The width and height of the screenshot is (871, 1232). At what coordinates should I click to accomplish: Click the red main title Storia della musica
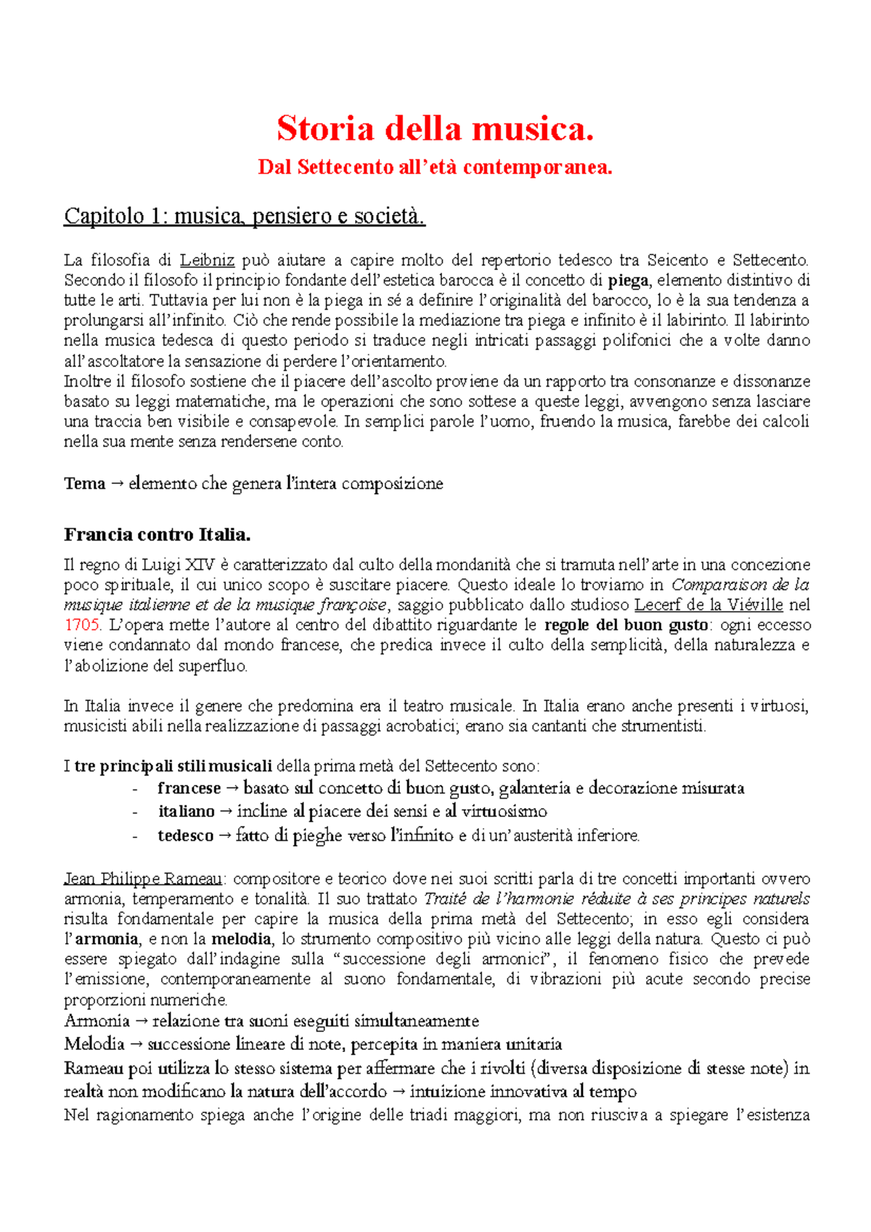(x=435, y=129)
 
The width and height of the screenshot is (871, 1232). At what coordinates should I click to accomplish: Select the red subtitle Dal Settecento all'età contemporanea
(x=435, y=168)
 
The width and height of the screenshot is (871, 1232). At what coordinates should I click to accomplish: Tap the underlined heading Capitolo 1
(x=244, y=216)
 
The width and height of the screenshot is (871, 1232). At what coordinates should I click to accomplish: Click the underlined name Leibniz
(x=207, y=260)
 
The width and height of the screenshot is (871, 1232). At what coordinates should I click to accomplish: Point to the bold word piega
(x=628, y=281)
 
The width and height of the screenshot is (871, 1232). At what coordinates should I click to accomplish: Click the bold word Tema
(x=84, y=484)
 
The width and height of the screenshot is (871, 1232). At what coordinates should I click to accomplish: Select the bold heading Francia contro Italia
(x=157, y=535)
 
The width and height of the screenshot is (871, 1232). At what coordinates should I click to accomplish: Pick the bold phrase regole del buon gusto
(x=626, y=625)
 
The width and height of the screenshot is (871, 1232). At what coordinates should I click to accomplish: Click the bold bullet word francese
(x=189, y=789)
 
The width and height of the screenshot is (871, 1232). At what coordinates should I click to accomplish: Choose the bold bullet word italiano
(x=187, y=812)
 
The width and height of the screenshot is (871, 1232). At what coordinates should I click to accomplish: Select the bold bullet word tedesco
(x=185, y=836)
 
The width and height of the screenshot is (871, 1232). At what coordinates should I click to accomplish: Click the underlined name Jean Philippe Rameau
(x=143, y=879)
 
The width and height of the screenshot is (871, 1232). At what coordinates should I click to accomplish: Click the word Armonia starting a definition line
(x=97, y=1022)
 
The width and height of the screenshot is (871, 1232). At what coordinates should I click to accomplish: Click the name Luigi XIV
(x=174, y=565)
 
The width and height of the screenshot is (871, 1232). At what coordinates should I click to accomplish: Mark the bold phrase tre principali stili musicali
(x=173, y=766)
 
